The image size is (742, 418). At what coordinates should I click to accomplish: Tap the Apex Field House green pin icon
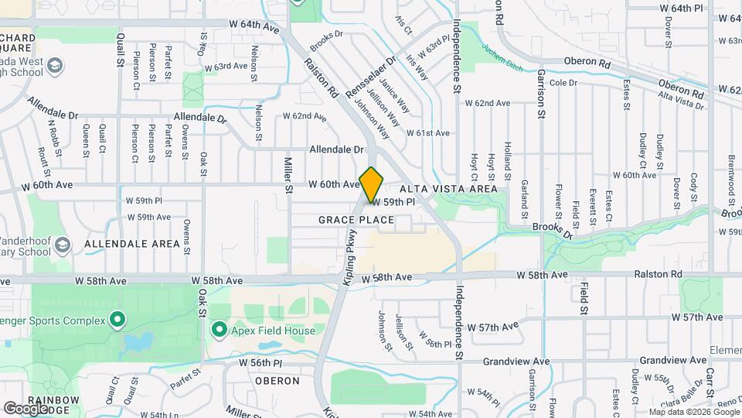(x=219, y=331)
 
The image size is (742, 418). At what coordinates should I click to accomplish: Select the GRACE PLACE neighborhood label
(x=356, y=221)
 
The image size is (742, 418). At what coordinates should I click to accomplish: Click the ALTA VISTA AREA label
(x=448, y=189)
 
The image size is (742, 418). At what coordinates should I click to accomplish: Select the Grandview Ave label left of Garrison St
(x=517, y=361)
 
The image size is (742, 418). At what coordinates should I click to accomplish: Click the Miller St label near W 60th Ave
(x=288, y=176)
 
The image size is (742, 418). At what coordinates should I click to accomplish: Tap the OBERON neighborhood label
(x=276, y=381)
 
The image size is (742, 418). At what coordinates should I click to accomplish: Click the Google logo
(x=26, y=408)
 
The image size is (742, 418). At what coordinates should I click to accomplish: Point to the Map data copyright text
(x=694, y=411)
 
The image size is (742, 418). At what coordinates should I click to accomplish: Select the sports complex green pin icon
(x=117, y=318)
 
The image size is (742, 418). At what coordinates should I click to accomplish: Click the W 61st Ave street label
(x=433, y=133)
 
